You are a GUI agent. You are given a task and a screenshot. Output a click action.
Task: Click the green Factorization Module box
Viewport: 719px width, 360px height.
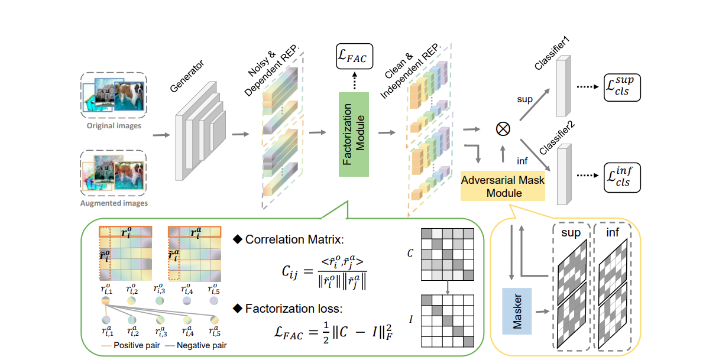click(354, 134)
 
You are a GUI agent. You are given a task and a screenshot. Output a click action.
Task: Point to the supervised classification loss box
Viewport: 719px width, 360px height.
click(621, 88)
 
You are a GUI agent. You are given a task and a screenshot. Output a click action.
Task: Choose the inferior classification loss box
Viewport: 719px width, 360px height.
click(621, 177)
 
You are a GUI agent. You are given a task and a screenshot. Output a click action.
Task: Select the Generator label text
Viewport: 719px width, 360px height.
click(186, 75)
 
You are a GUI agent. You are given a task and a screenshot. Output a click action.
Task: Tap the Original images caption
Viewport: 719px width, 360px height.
click(114, 125)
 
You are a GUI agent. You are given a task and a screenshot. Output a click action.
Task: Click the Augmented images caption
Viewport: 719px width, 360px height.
click(114, 203)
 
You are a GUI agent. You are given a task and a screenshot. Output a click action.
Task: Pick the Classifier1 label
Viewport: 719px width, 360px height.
click(551, 54)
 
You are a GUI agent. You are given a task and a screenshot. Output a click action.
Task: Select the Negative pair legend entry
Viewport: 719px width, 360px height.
click(200, 345)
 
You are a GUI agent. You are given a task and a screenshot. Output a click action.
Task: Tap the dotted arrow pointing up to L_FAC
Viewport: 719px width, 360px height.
click(354, 82)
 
